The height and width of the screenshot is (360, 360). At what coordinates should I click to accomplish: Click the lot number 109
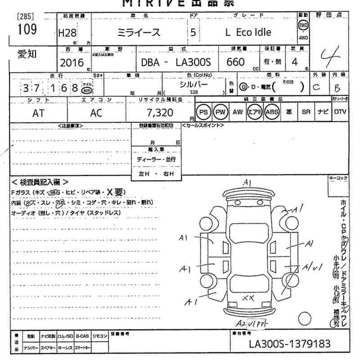click(27, 30)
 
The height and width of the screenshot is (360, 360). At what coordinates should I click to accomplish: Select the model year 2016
click(72, 62)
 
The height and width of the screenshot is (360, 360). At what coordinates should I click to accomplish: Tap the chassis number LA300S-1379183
click(290, 344)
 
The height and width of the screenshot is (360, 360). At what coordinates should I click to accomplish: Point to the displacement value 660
click(236, 62)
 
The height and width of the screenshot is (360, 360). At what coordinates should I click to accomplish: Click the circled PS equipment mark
click(204, 112)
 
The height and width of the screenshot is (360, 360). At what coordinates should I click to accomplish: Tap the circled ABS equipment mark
click(271, 112)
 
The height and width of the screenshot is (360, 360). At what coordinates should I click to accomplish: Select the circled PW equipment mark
click(220, 112)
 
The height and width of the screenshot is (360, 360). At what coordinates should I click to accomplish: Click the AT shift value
click(38, 113)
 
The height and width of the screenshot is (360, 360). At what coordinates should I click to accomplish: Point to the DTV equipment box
click(340, 112)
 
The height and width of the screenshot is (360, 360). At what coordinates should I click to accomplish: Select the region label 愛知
click(27, 55)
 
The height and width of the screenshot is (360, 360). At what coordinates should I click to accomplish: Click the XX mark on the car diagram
click(248, 297)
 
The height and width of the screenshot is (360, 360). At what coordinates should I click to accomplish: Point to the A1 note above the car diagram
click(247, 182)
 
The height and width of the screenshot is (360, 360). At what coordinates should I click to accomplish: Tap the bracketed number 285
click(25, 17)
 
